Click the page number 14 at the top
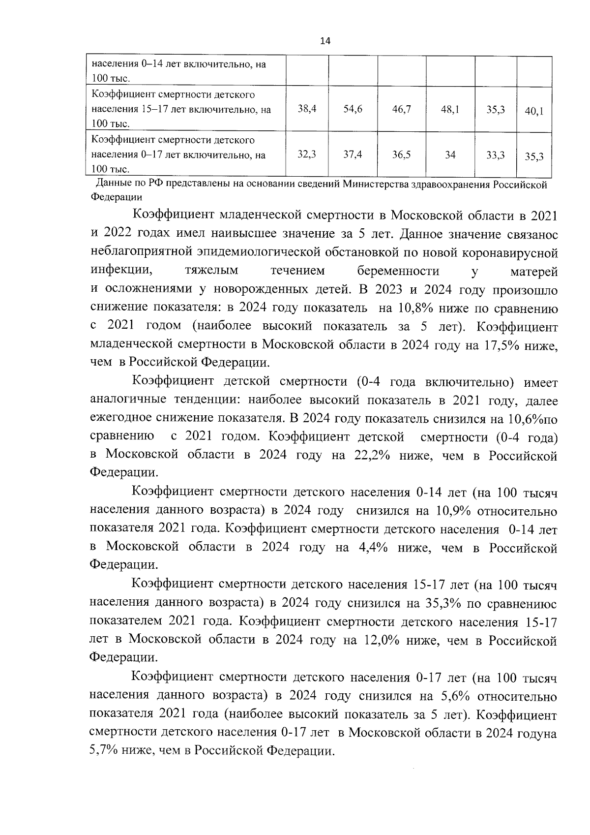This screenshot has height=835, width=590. (x=325, y=41)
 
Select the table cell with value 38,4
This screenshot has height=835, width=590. (x=307, y=109)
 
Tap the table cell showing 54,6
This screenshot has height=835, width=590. (x=353, y=109)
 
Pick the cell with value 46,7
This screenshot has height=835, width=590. (x=401, y=109)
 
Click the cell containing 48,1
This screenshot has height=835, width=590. (x=450, y=109)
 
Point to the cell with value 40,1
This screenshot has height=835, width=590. (x=533, y=111)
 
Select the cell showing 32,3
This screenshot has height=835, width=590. (x=307, y=154)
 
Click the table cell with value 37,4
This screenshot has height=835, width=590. (x=353, y=154)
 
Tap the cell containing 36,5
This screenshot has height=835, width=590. (x=401, y=154)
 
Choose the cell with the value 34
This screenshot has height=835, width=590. (x=450, y=155)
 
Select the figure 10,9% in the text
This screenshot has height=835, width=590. (x=453, y=511)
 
